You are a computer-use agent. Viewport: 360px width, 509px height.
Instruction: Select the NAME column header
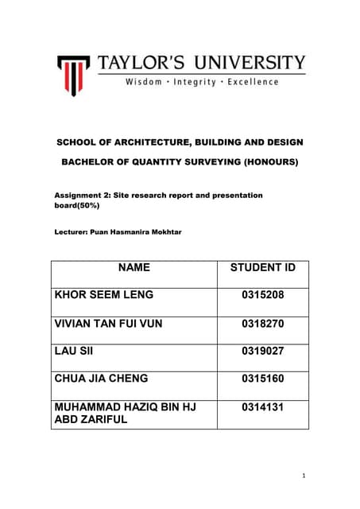134,268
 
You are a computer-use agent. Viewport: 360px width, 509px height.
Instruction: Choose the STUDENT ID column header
262,268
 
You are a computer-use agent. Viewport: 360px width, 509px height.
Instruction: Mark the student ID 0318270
262,324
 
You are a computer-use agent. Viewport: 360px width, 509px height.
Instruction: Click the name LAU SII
73,352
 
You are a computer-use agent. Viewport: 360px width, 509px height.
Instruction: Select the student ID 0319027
262,352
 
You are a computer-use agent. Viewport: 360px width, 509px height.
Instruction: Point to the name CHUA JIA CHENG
101,379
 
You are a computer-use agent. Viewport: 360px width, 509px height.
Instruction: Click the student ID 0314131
262,407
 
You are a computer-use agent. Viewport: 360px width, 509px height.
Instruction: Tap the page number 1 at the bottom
303,476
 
